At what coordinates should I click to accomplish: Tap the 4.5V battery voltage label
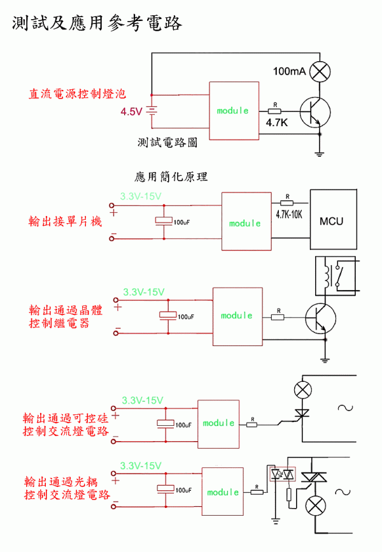click(x=131, y=112)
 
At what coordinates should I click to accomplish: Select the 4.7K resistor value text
click(x=277, y=122)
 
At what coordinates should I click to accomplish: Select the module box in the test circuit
click(x=234, y=110)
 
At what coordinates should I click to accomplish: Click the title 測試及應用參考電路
click(x=97, y=24)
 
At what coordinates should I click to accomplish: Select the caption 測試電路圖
click(x=167, y=143)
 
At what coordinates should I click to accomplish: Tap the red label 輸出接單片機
click(x=65, y=221)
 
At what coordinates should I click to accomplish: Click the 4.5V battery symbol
click(x=152, y=112)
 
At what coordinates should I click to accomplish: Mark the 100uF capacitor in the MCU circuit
click(x=164, y=221)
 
